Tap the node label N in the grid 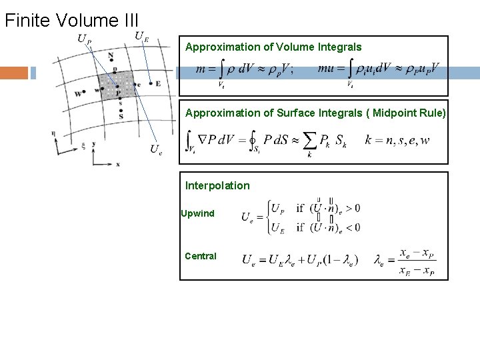pyautogui.click(x=111, y=55)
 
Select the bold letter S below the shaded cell pyautogui.click(x=120, y=116)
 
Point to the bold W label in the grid pyautogui.click(x=78, y=94)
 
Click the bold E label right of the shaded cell pyautogui.click(x=158, y=83)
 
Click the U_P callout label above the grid pyautogui.click(x=85, y=39)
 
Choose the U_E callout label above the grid pyautogui.click(x=141, y=37)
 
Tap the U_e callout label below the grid pyautogui.click(x=156, y=149)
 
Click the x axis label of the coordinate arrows pyautogui.click(x=118, y=163)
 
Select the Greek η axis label pyautogui.click(x=53, y=133)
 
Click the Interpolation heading pyautogui.click(x=217, y=185)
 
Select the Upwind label pyautogui.click(x=198, y=213)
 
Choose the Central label pyautogui.click(x=201, y=256)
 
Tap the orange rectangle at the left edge pyautogui.click(x=14, y=73)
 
